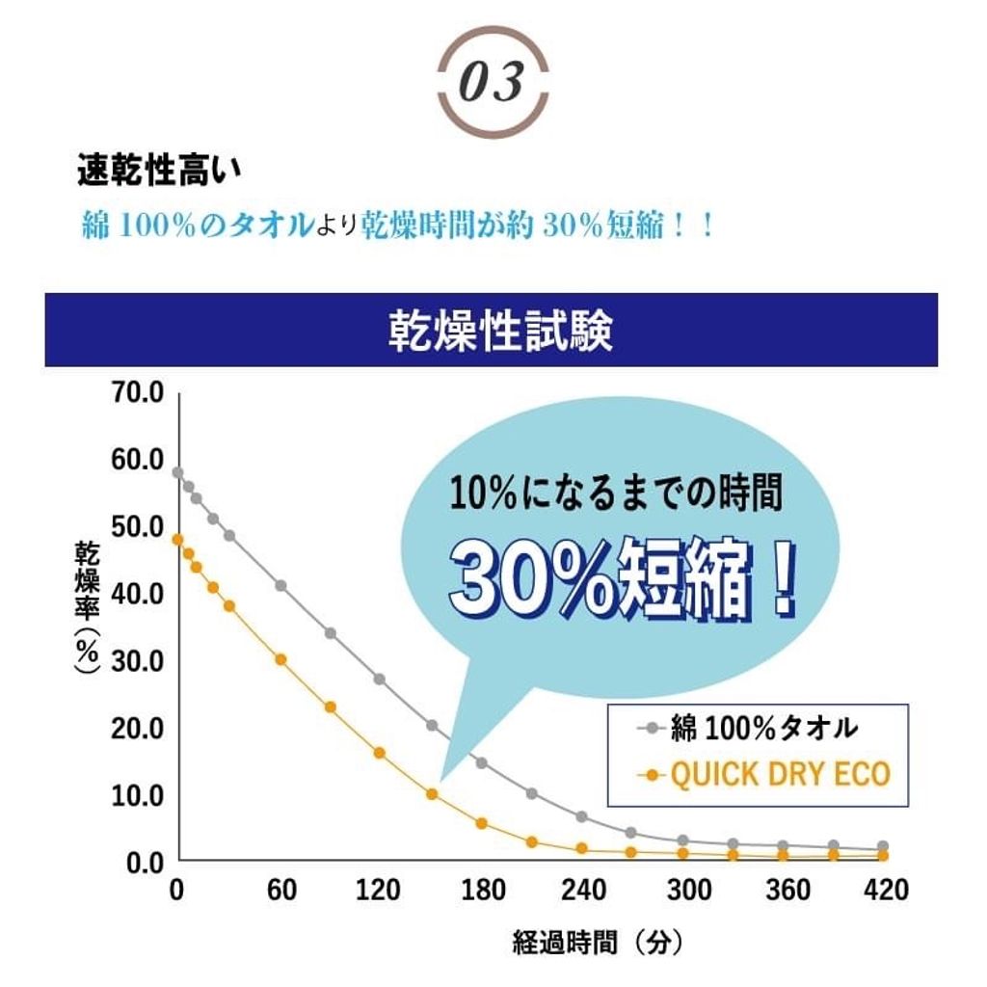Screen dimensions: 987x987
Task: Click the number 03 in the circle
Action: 493,82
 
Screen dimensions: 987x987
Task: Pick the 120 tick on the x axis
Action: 379,891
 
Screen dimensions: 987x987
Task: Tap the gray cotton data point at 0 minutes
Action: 177,472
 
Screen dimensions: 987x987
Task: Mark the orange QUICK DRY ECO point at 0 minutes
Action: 177,540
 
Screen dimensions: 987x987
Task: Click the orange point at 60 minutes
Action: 280,659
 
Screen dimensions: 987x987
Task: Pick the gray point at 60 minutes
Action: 280,585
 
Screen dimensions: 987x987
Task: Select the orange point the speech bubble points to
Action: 432,794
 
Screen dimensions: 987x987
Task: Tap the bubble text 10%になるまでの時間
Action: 615,496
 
